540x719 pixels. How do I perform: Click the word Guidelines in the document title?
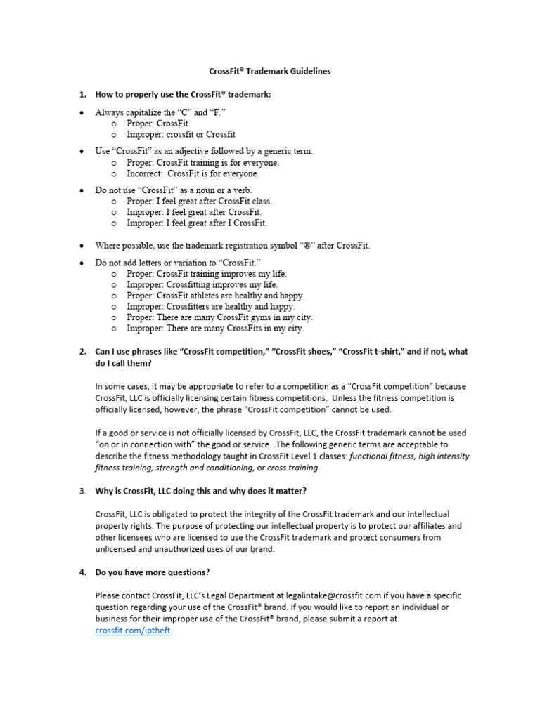[307, 71]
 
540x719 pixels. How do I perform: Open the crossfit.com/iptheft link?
[133, 631]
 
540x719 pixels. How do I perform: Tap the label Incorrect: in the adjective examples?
[146, 173]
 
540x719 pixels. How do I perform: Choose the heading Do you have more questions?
[152, 572]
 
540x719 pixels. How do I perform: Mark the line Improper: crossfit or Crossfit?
[181, 134]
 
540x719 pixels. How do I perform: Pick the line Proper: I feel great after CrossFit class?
[199, 201]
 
